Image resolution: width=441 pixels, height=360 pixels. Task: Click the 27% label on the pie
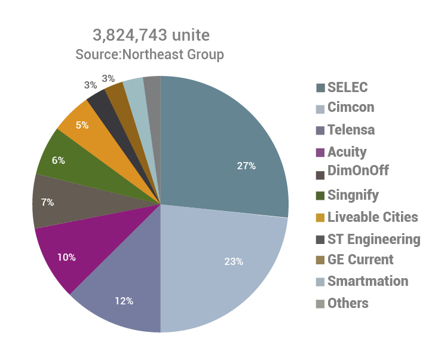(246, 166)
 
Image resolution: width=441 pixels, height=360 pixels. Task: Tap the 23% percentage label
(234, 261)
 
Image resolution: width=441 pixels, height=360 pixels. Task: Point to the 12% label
(124, 300)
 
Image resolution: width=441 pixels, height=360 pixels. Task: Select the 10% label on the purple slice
(66, 257)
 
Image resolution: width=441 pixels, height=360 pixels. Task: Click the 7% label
(47, 202)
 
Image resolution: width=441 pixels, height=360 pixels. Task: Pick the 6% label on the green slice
(58, 160)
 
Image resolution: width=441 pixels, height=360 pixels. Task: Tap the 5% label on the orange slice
(82, 126)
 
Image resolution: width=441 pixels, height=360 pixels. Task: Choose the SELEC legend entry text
(347, 87)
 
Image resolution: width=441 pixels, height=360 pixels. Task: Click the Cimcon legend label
(351, 108)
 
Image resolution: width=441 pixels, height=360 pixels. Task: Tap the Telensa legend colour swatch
(320, 130)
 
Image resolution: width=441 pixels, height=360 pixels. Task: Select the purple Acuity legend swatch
(320, 152)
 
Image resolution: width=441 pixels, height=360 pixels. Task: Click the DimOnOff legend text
(358, 171)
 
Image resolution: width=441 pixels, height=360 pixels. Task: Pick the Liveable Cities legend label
(372, 216)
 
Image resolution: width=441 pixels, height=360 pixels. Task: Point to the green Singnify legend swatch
(320, 195)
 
